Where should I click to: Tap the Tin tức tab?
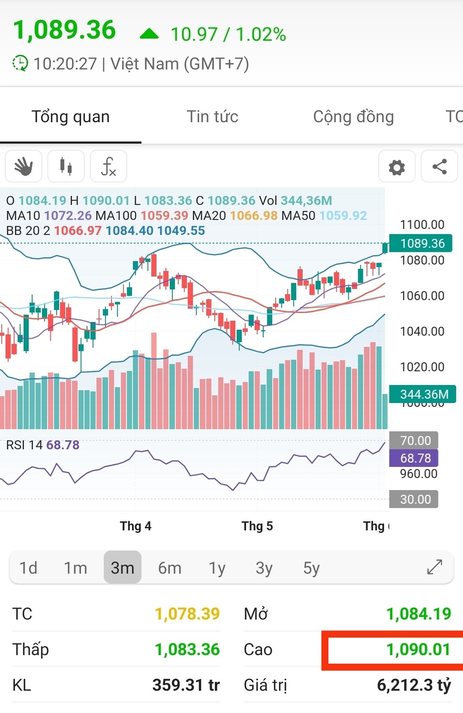(212, 117)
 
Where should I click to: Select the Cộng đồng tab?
(353, 117)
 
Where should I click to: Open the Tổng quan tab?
(71, 117)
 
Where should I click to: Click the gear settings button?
(397, 167)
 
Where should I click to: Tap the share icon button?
(439, 167)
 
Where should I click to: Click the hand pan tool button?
(24, 166)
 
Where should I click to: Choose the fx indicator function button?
(108, 166)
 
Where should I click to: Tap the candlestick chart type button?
(66, 166)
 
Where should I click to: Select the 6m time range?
(169, 568)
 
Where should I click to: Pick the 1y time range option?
(217, 568)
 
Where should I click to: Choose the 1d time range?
(28, 568)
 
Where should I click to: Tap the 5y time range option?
(311, 568)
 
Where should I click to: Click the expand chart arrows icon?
(435, 567)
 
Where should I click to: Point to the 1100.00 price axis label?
(422, 225)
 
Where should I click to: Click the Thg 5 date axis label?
(257, 526)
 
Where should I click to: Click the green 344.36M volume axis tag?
(423, 394)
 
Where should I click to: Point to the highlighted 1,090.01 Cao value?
(418, 650)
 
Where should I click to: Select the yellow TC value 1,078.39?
(187, 614)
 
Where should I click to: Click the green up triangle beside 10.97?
(149, 34)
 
